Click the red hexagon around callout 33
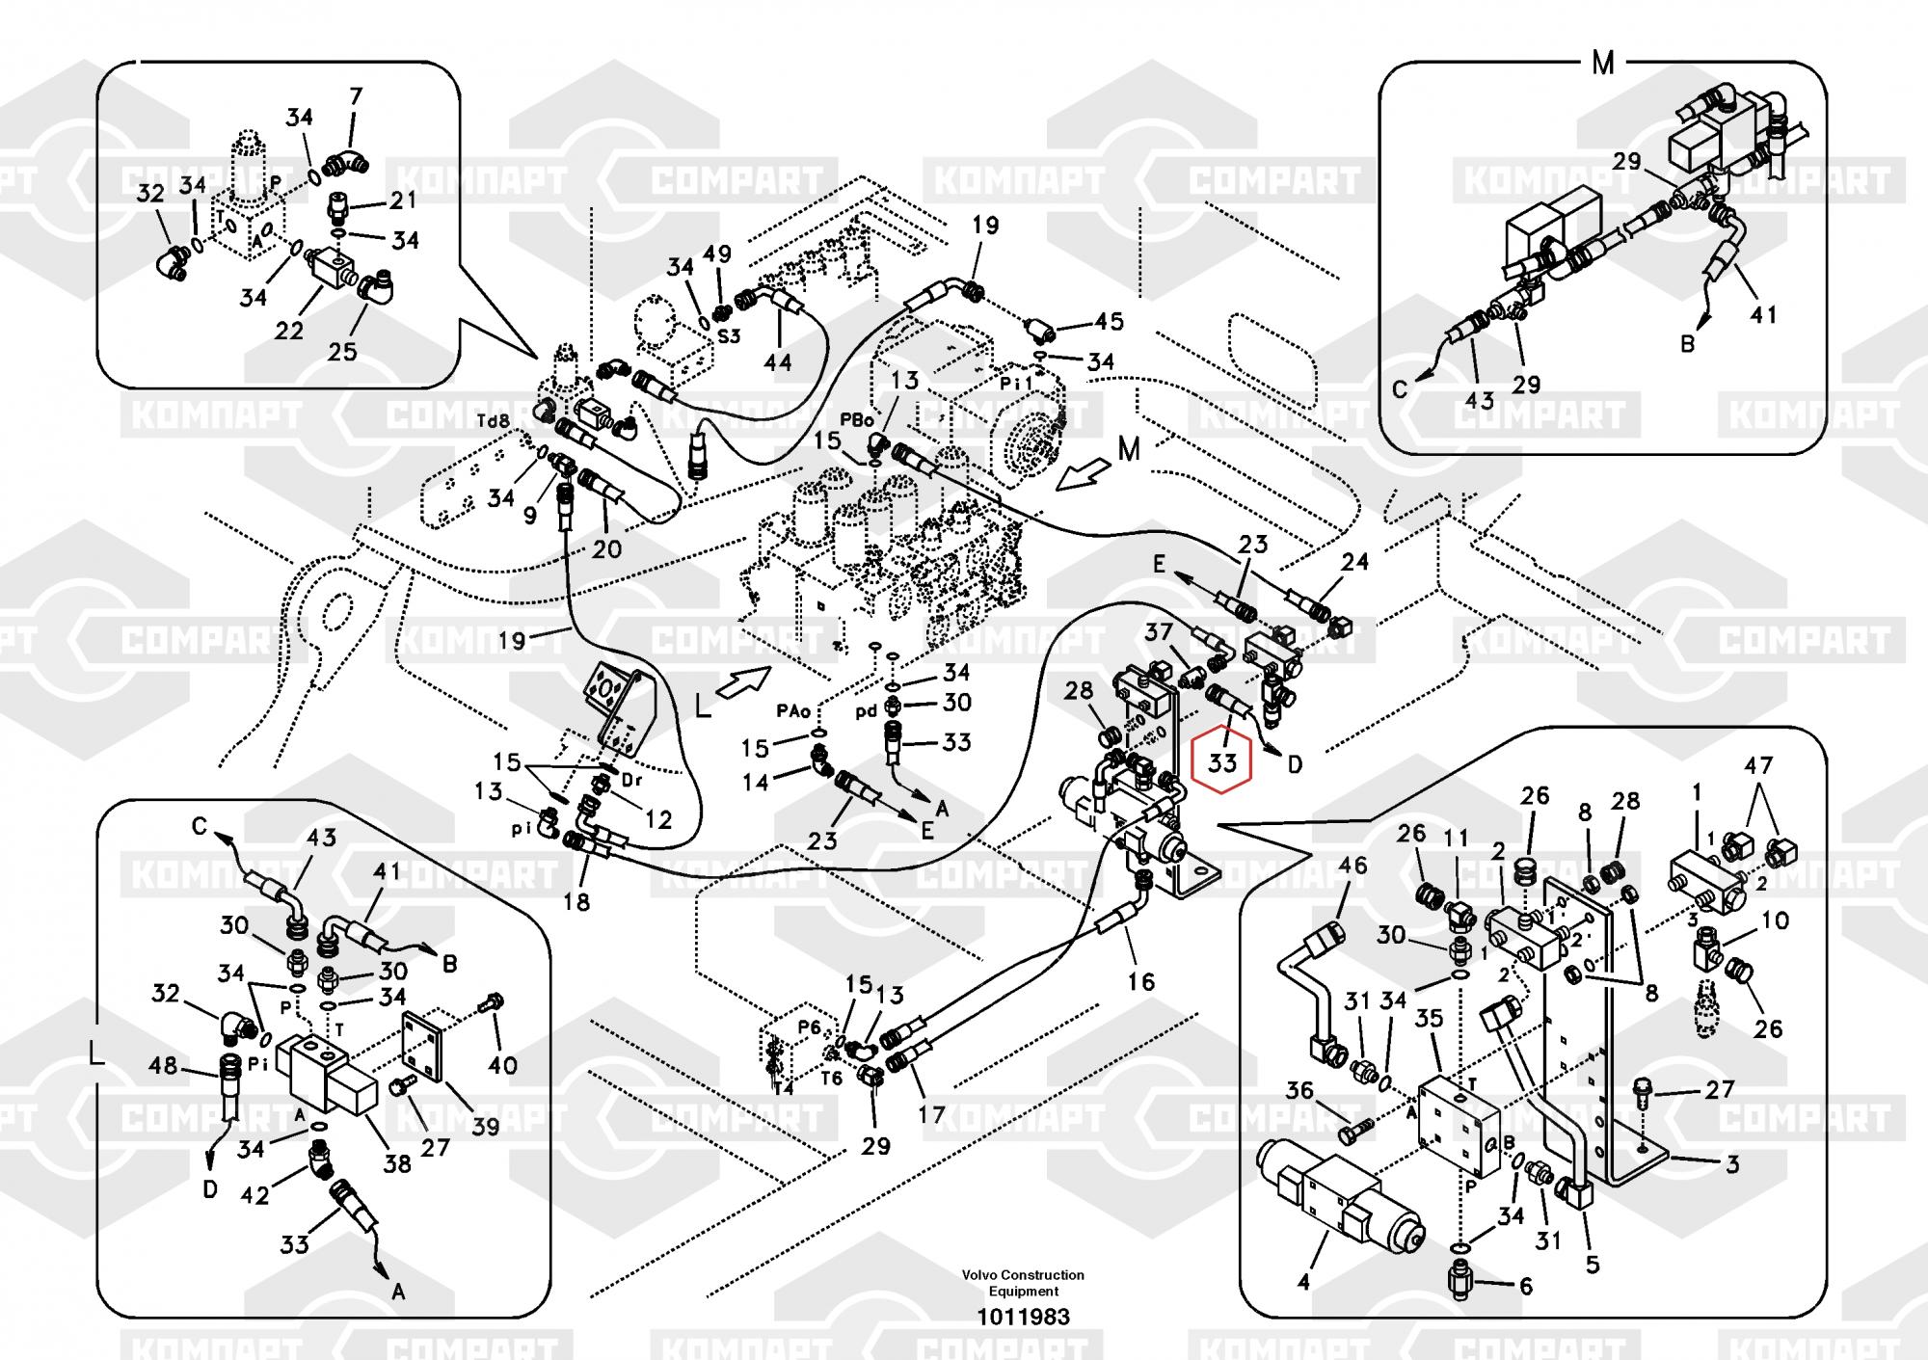1221,762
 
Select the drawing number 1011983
1023,1317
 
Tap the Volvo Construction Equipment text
1023,1283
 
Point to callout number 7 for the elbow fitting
356,96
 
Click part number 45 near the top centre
1109,321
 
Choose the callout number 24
1354,561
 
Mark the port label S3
729,336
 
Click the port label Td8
493,421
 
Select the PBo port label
857,420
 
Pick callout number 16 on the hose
1140,981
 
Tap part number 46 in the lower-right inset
1352,865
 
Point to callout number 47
1758,765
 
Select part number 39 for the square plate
485,1126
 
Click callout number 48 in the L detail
163,1065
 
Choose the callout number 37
1159,632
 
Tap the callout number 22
289,331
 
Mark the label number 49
717,253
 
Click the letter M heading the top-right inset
1603,64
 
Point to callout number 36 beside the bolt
1299,1090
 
